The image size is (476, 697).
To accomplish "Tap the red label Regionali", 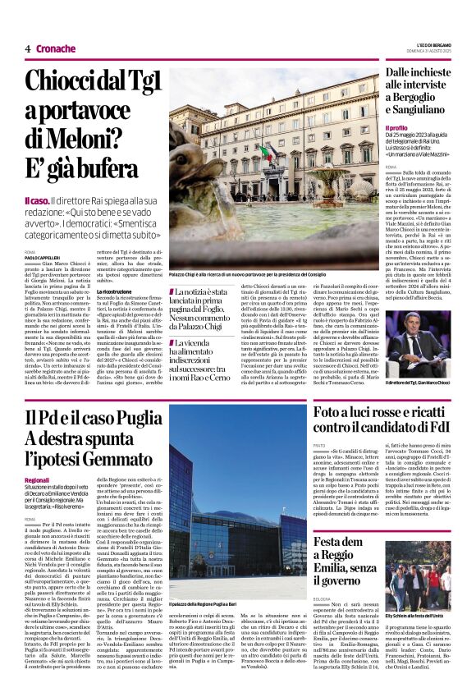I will [37, 479].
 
